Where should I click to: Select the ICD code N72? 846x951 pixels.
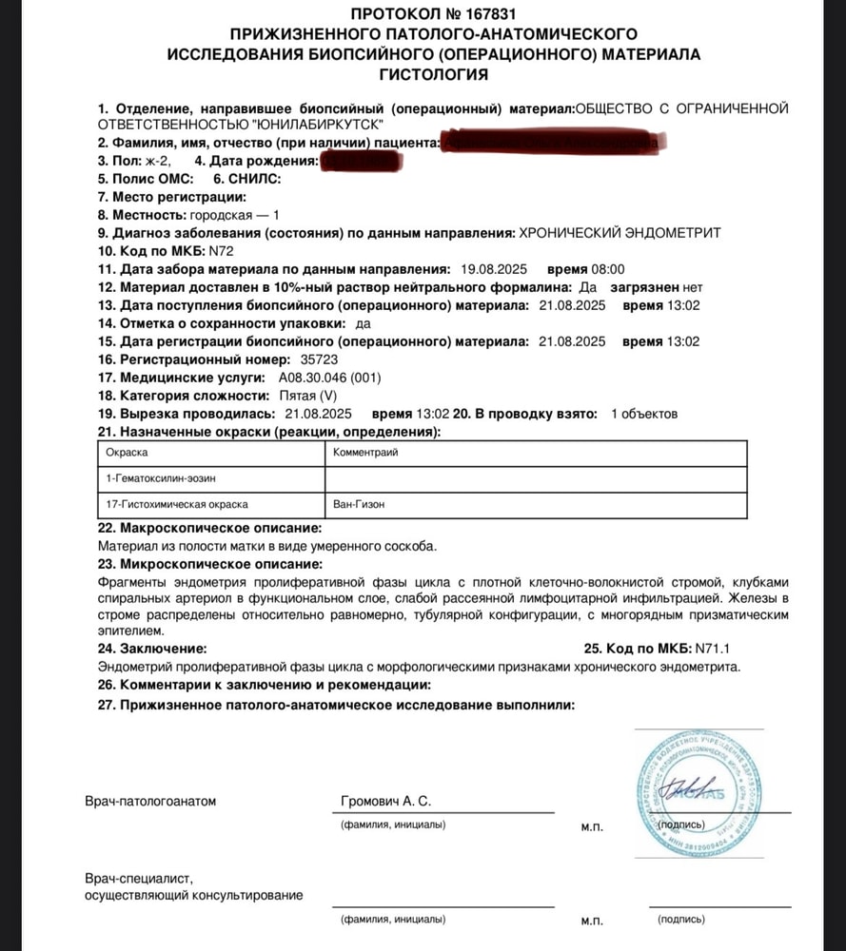coord(221,251)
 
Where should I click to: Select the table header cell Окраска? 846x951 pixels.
coord(127,453)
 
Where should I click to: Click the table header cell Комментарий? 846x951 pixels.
coord(365,453)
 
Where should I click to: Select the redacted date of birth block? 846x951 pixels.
coord(364,162)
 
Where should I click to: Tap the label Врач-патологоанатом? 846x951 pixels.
coord(150,802)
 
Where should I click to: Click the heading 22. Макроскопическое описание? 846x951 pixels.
coord(209,528)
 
